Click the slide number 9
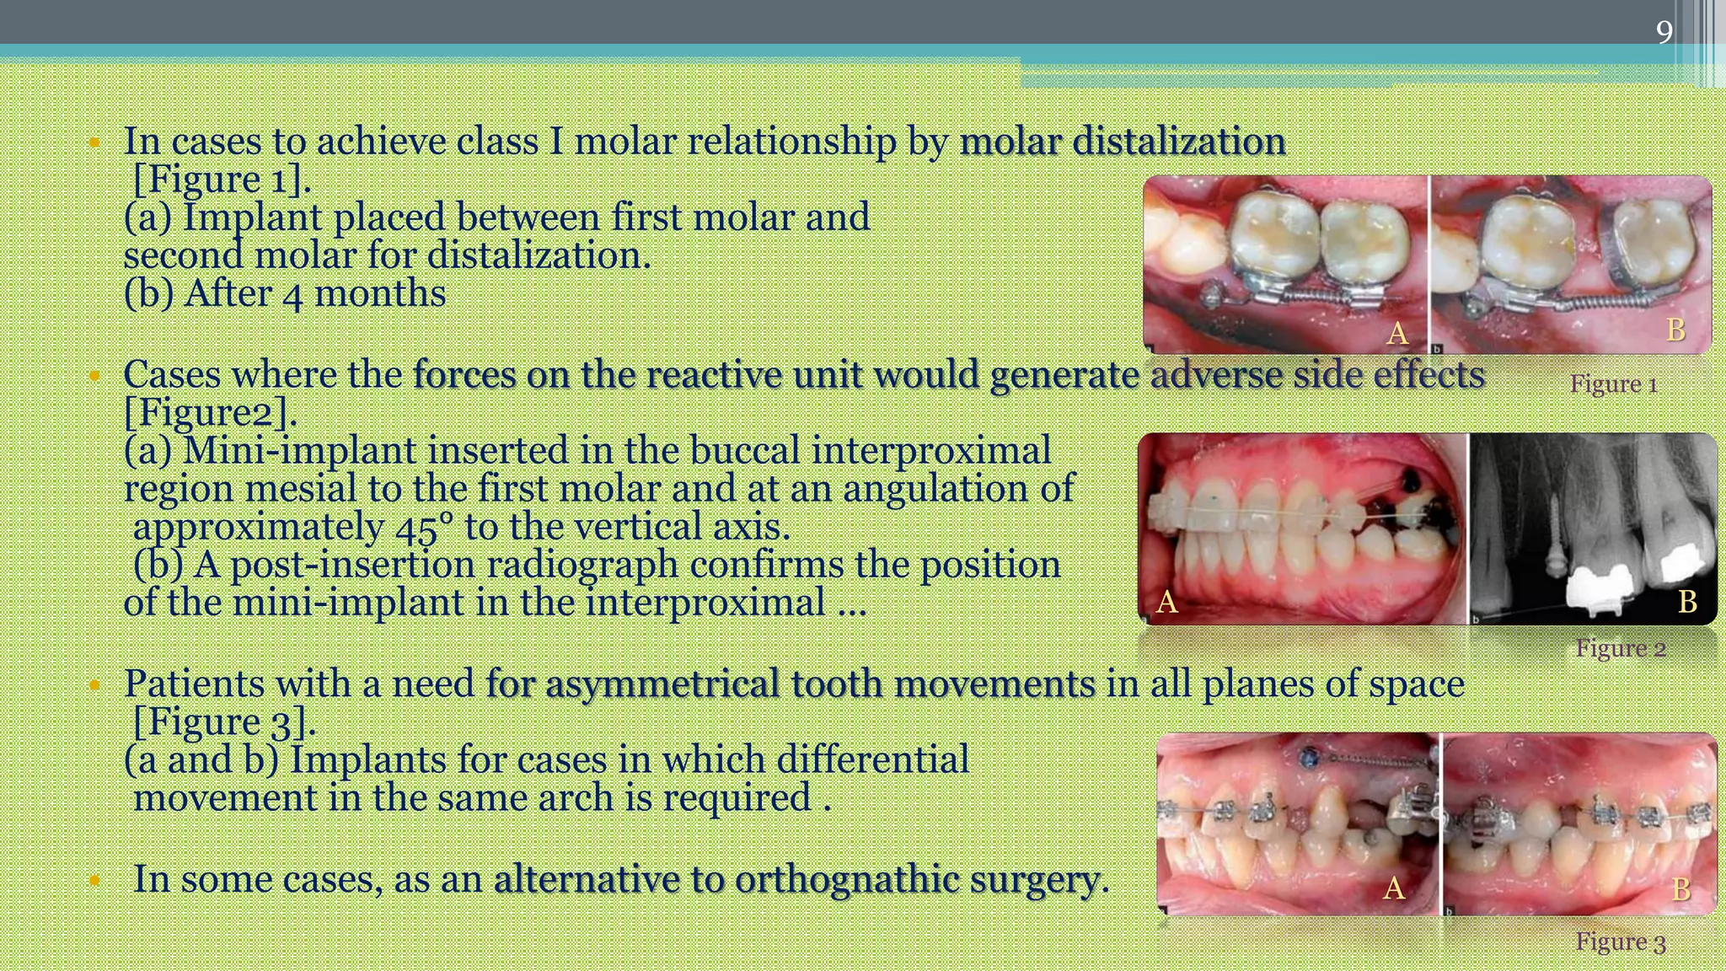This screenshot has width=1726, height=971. pos(1664,32)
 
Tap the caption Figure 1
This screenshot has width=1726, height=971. pos(1613,384)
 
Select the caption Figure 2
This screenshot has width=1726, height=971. pos(1620,648)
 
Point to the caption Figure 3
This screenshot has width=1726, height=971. pos(1620,941)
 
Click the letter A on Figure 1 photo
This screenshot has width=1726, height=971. pos(1396,334)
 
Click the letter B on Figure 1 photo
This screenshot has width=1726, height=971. pos(1675,330)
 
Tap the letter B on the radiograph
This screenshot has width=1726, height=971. pos(1686,601)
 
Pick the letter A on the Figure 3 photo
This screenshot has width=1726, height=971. pos(1393,888)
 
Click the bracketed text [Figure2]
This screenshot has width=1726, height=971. pos(210,413)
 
